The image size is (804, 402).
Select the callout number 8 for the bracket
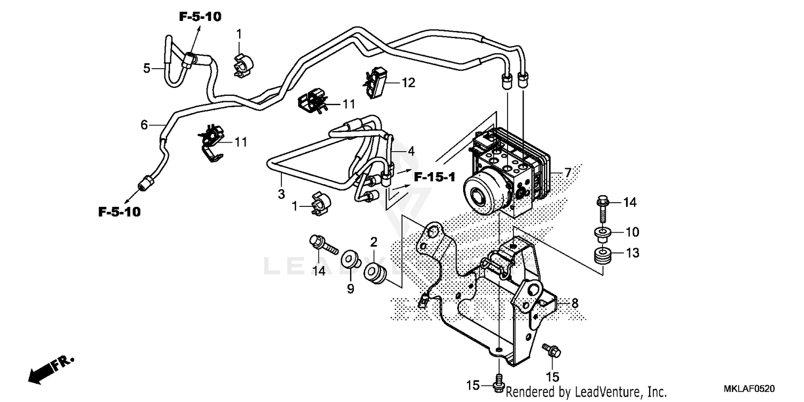pyautogui.click(x=575, y=303)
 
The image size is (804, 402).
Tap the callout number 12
pyautogui.click(x=408, y=83)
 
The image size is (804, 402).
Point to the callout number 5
pyautogui.click(x=146, y=68)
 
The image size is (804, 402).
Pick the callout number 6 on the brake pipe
pyautogui.click(x=144, y=125)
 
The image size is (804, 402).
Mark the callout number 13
pyautogui.click(x=632, y=253)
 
